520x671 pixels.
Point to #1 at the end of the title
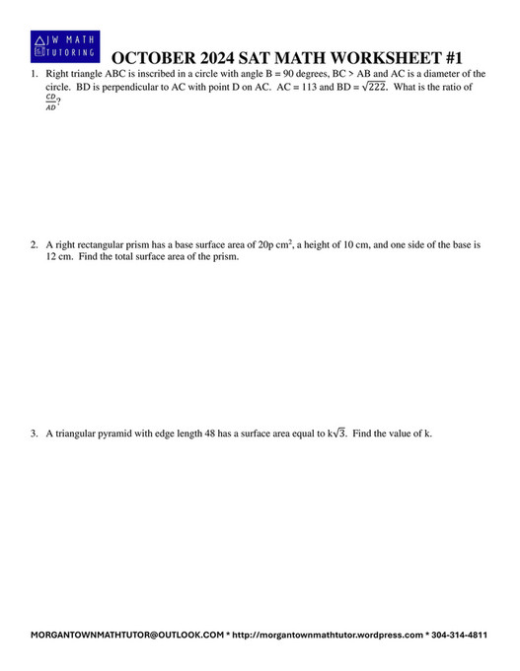pyautogui.click(x=448, y=59)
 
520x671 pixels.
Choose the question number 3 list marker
pyautogui.click(x=34, y=433)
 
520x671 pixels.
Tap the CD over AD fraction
pyautogui.click(x=51, y=102)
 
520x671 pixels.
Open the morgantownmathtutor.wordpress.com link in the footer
pyautogui.click(x=328, y=636)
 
